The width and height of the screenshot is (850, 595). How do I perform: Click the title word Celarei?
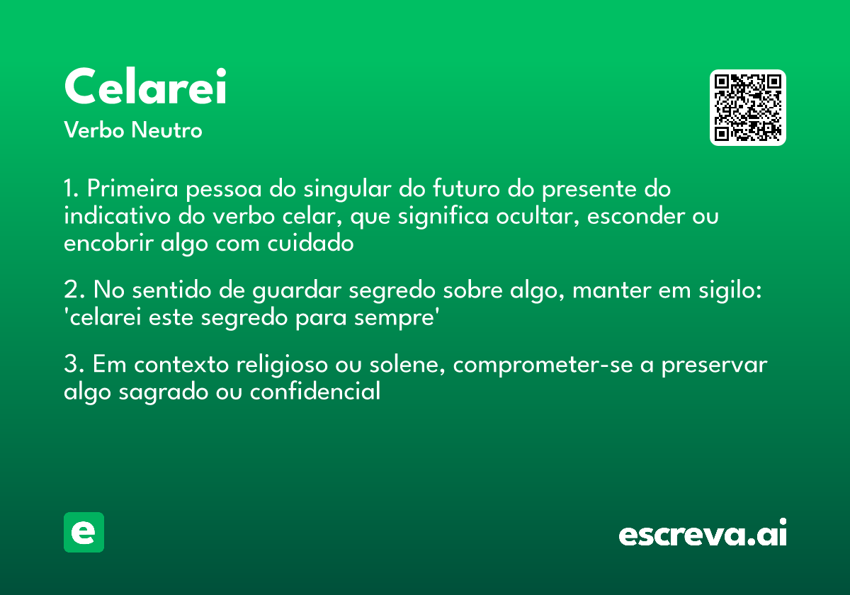[145, 87]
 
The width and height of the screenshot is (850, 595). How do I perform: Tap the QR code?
[748, 108]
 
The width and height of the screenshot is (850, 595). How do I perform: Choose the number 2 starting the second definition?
[69, 291]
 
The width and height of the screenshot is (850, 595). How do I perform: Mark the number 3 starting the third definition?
[69, 365]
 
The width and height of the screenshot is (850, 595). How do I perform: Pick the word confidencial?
[314, 392]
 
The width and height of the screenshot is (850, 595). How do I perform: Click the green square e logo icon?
[84, 532]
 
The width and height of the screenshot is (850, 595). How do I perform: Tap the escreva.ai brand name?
[702, 533]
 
